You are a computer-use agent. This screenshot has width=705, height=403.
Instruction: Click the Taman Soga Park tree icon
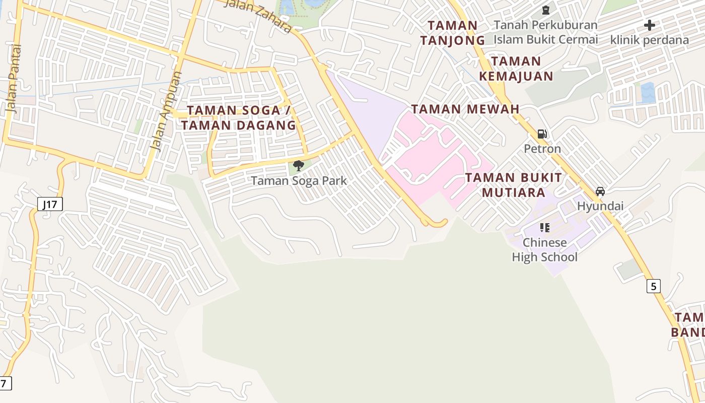click(x=299, y=165)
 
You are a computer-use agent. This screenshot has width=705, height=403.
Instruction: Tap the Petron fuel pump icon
click(x=542, y=134)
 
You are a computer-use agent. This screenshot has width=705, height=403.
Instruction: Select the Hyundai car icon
click(x=600, y=191)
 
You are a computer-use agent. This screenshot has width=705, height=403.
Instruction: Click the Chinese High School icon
click(x=544, y=228)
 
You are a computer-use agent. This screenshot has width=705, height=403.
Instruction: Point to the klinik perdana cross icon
click(x=650, y=25)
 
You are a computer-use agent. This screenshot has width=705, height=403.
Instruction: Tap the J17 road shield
click(x=50, y=204)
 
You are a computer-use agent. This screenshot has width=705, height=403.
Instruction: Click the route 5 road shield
click(x=653, y=286)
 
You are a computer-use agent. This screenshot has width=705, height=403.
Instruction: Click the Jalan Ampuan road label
click(x=167, y=111)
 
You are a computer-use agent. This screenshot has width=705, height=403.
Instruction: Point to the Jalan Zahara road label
click(x=257, y=15)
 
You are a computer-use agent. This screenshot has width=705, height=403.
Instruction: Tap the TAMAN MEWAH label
click(x=465, y=109)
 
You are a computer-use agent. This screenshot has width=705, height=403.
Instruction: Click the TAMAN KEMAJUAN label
click(x=516, y=69)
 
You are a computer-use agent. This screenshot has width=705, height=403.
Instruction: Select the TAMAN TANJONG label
click(x=453, y=33)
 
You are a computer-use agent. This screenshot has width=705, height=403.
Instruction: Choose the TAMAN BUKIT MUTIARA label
click(x=514, y=185)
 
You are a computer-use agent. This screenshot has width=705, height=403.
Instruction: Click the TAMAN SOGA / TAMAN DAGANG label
click(x=239, y=118)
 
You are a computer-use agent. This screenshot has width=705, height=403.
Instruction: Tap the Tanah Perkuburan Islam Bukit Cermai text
click(x=545, y=32)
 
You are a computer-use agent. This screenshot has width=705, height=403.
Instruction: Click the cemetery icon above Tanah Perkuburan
click(x=545, y=10)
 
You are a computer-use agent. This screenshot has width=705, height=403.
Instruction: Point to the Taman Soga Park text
click(x=299, y=180)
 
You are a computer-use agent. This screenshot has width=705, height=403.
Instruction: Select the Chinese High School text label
click(x=544, y=250)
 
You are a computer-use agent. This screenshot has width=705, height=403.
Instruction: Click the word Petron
click(x=542, y=149)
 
